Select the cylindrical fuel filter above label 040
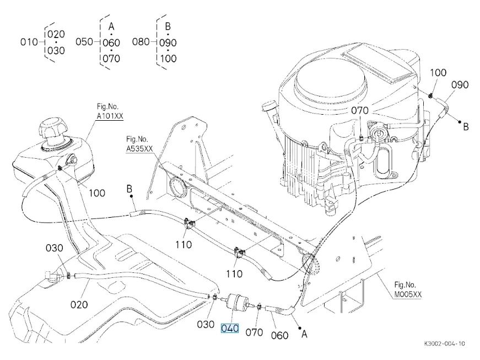[x=236, y=302]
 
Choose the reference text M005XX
[x=408, y=294]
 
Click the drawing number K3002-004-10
[x=444, y=343]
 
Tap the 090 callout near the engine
[x=460, y=85]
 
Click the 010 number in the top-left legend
[x=29, y=42]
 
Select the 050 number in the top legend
[x=84, y=42]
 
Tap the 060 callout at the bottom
[x=280, y=335]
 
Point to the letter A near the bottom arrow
[x=303, y=334]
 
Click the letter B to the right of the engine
[x=465, y=127]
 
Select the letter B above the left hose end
[x=130, y=190]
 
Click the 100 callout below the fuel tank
[x=97, y=193]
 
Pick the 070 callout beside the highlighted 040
[x=254, y=332]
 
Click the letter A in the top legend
[x=111, y=26]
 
